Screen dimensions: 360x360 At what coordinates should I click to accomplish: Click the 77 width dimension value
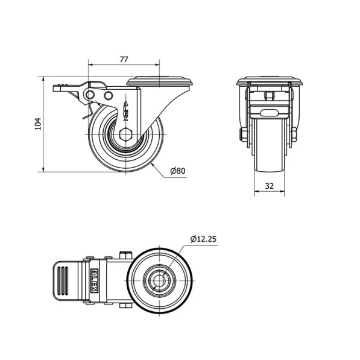pyautogui.click(x=124, y=60)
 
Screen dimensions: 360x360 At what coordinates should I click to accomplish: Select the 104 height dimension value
pyautogui.click(x=38, y=124)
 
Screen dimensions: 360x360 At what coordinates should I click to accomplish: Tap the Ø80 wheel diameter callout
pyautogui.click(x=178, y=171)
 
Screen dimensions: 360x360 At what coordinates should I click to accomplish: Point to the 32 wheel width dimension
pyautogui.click(x=270, y=186)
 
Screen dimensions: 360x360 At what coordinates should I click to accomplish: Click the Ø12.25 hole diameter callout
pyautogui.click(x=203, y=239)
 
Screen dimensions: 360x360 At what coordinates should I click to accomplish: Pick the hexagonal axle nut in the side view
pyautogui.click(x=126, y=134)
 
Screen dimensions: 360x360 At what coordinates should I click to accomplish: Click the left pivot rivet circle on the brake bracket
pyautogui.click(x=90, y=95)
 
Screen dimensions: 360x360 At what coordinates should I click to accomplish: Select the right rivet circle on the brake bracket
pyautogui.click(x=108, y=95)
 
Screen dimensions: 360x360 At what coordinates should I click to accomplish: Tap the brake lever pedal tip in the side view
pyautogui.click(x=56, y=89)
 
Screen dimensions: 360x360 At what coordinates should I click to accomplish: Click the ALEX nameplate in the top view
pyautogui.click(x=94, y=280)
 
